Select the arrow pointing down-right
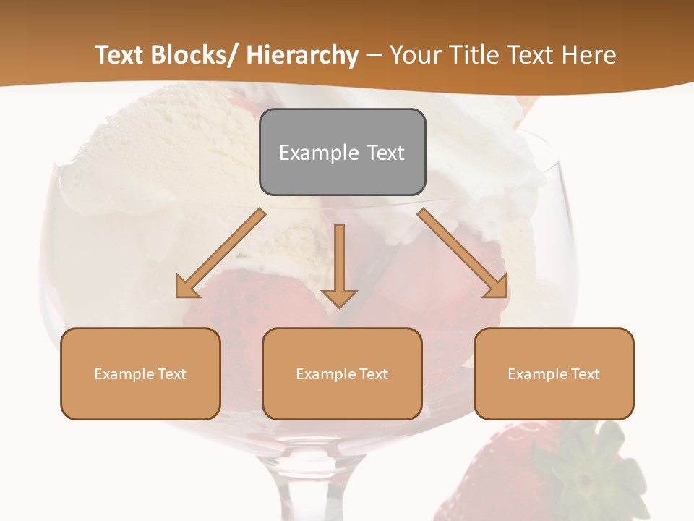pos(463,253)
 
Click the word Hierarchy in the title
pos(301,55)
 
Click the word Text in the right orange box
pos(584,374)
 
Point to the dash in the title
pos(374,55)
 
